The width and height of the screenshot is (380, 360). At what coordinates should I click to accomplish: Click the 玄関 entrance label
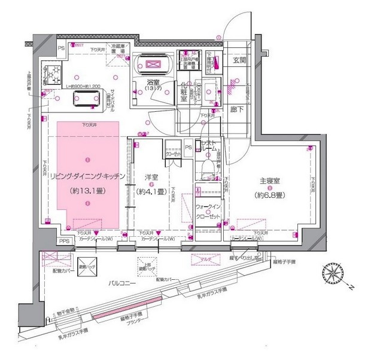[x=239, y=60]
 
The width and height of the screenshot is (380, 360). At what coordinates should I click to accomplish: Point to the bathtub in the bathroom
[x=154, y=63]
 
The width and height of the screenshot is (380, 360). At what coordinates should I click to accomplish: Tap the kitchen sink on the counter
[x=86, y=100]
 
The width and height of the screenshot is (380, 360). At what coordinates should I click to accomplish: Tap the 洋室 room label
[x=151, y=176]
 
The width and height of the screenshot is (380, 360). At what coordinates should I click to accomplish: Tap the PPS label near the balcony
[x=64, y=241]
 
